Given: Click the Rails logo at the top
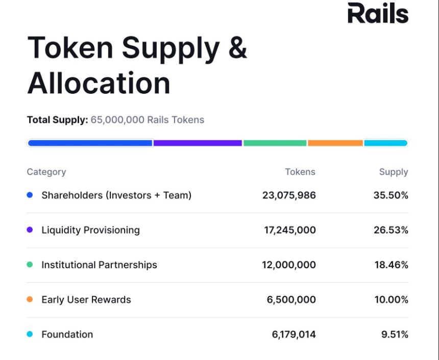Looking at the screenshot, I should coord(378,13).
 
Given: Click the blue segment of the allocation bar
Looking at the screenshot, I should coord(90,143).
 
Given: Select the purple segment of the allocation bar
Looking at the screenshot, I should coord(198,143).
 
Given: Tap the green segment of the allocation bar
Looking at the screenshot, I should coord(275,143).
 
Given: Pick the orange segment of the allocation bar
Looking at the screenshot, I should coord(335,143).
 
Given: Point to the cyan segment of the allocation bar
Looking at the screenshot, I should coord(385,143).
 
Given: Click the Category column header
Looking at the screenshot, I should coord(46,172).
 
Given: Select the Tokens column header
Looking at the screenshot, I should coord(300,172).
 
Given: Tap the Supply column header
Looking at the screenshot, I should coord(394,172).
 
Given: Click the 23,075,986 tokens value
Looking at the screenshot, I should coord(289,195).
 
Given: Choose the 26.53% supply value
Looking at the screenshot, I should coord(391,230).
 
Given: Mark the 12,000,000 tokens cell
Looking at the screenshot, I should coord(289,265).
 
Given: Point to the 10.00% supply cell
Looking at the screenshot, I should coord(392,300).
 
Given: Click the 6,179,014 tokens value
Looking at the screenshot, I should coord(294,335).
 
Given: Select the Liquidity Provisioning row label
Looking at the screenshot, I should coord(90,230).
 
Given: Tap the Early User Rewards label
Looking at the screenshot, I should coord(86,300).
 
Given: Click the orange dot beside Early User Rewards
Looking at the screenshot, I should coord(30,300).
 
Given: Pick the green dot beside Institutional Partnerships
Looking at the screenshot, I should coord(30,265).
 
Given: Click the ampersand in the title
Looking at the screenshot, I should coord(236,47).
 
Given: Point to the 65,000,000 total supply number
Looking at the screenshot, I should coord(117,120).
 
